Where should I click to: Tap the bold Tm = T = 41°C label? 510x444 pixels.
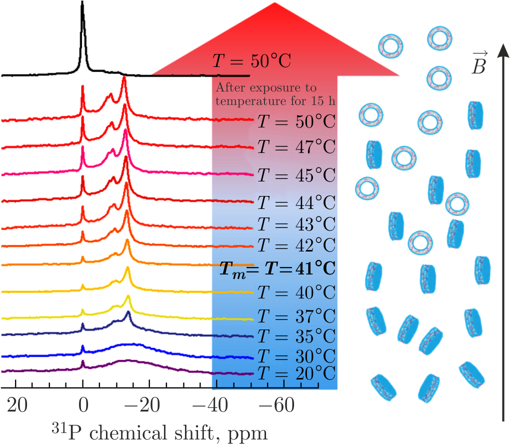pyautogui.click(x=277, y=268)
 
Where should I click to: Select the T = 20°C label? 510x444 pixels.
pyautogui.click(x=295, y=372)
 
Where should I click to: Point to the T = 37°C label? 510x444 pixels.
pyautogui.click(x=295, y=316)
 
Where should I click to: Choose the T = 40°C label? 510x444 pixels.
pyautogui.click(x=295, y=291)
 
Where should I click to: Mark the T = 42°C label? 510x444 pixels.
pyautogui.click(x=295, y=245)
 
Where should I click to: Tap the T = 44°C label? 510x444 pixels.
pyautogui.click(x=295, y=203)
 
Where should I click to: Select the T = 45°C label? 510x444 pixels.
pyautogui.click(x=295, y=176)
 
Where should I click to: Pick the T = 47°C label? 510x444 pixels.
pyautogui.click(x=295, y=147)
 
